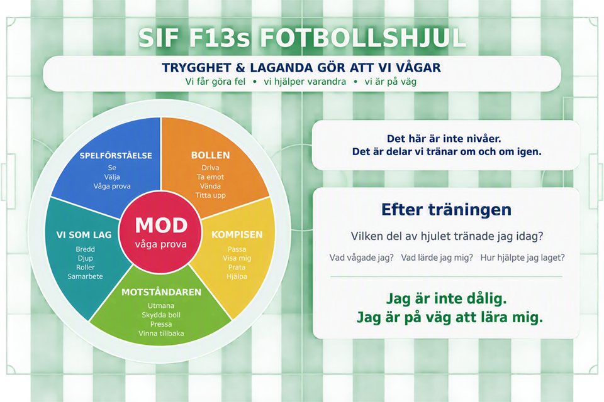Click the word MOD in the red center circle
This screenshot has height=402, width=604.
coord(161,225)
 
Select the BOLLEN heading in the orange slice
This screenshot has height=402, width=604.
coord(210,155)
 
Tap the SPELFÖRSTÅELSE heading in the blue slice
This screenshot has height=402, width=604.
coord(116,155)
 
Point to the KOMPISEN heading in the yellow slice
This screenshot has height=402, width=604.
coord(237,235)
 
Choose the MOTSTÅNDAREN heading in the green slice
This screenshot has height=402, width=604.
coord(162,292)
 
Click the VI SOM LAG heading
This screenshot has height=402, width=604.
coord(84,235)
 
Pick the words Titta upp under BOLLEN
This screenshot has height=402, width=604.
coord(210,195)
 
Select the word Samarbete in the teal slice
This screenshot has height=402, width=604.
coord(85,276)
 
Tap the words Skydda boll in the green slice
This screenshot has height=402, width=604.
coord(161,315)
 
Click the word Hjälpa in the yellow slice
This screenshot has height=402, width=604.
coord(237,276)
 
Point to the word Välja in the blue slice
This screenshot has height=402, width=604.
coord(112,177)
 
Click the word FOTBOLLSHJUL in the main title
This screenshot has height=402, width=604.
coord(363,38)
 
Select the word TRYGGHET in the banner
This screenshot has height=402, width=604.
coord(197,68)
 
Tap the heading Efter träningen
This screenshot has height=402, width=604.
coord(447,210)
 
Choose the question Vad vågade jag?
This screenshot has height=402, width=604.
coord(361,258)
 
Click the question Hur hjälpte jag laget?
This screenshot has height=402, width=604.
coord(522,258)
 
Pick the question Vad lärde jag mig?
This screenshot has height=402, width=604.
coord(437,258)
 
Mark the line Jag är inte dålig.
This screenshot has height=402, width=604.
coord(447,298)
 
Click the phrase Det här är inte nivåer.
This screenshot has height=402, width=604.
coord(444,138)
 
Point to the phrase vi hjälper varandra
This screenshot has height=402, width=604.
coord(305,82)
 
